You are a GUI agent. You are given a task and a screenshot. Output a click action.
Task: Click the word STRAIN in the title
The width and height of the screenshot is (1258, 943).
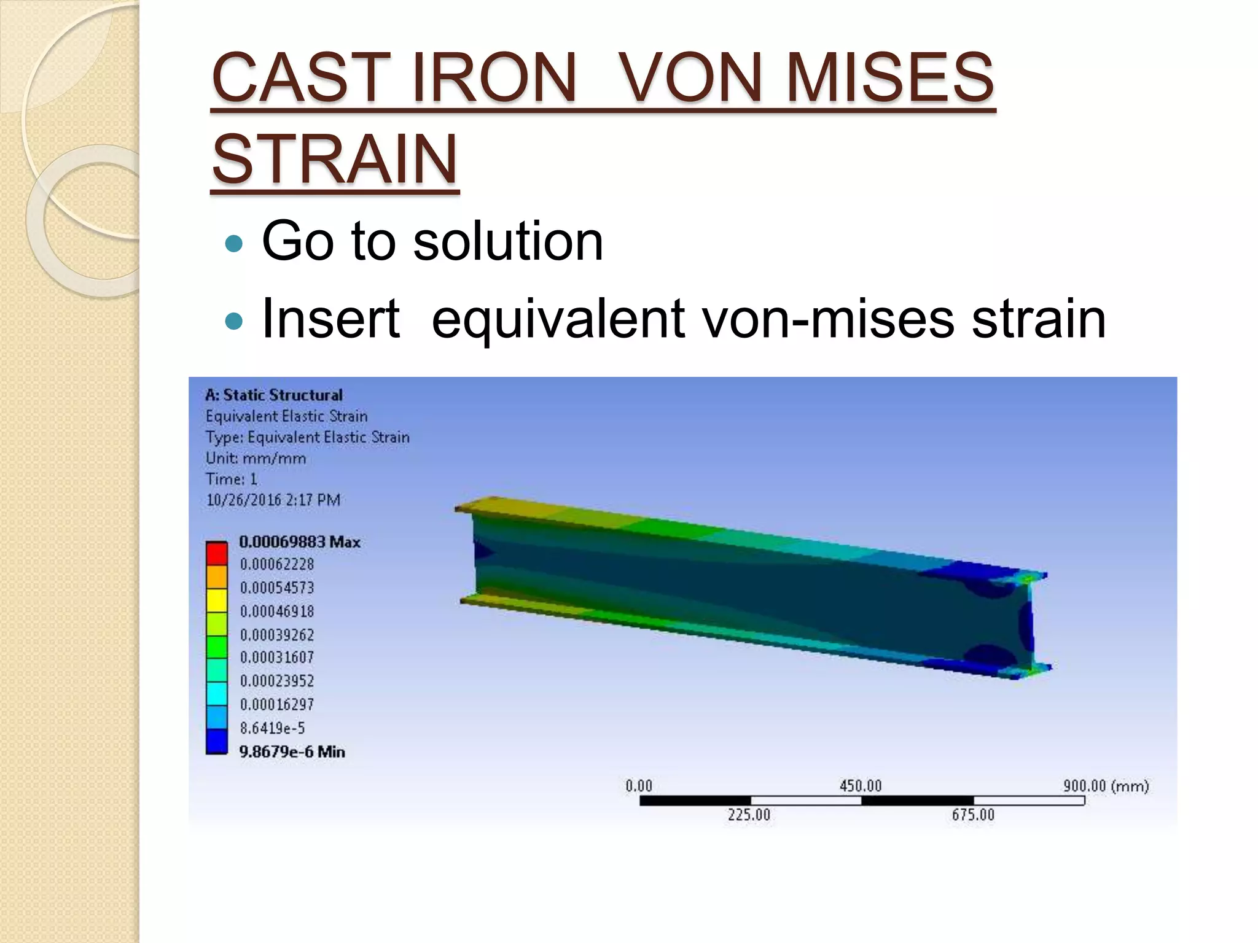tap(335, 159)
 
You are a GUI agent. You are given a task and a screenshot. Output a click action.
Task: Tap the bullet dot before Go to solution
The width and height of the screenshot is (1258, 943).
tap(234, 244)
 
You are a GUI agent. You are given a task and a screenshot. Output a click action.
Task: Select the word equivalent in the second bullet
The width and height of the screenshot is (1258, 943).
tap(558, 319)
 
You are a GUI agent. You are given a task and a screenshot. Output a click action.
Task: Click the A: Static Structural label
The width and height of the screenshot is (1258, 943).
tap(274, 395)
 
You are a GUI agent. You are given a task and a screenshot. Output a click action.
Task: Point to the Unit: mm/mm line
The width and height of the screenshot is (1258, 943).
tap(256, 458)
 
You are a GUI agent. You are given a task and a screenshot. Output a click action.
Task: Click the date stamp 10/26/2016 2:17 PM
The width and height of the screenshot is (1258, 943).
tap(273, 500)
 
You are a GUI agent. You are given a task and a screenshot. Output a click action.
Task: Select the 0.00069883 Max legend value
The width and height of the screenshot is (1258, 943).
tap(299, 541)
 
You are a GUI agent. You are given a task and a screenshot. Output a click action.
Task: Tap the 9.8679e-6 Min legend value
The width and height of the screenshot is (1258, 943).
tap(292, 751)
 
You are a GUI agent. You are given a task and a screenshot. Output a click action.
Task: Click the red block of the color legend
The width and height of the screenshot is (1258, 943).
tap(216, 553)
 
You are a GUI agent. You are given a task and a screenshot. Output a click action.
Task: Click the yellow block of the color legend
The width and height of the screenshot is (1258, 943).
tap(216, 600)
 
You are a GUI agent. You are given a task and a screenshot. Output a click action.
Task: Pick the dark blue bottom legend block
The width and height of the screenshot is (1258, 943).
tap(216, 741)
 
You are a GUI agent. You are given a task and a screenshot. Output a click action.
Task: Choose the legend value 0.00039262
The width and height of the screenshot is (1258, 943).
tap(276, 634)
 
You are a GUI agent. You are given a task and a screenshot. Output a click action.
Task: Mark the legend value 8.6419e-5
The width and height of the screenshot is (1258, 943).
tap(272, 728)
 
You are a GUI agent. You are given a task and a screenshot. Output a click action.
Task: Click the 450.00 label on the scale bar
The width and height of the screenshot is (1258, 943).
tap(860, 786)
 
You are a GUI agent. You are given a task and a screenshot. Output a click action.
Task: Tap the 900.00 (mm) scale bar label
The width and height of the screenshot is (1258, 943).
tap(1106, 786)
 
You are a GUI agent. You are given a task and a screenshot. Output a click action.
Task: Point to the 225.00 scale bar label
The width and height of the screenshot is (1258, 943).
tap(749, 815)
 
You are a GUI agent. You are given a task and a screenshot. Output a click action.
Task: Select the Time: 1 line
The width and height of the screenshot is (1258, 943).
tap(231, 479)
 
